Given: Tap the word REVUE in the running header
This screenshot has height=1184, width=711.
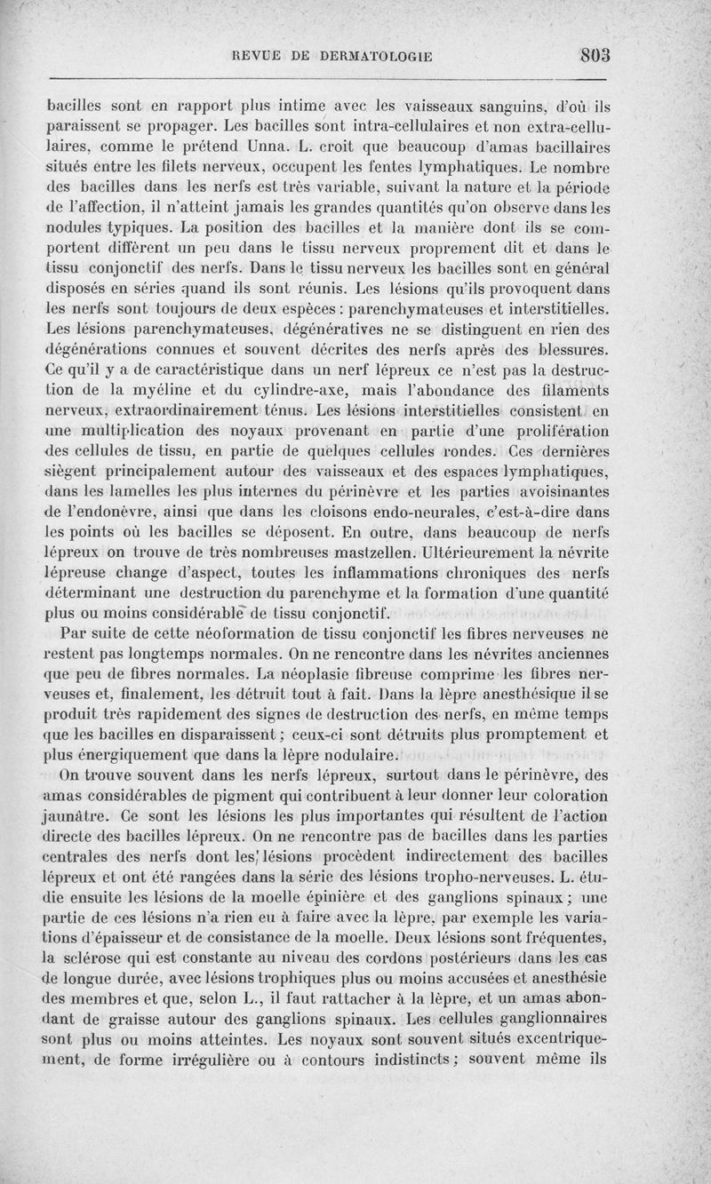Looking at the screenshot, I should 256,57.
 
